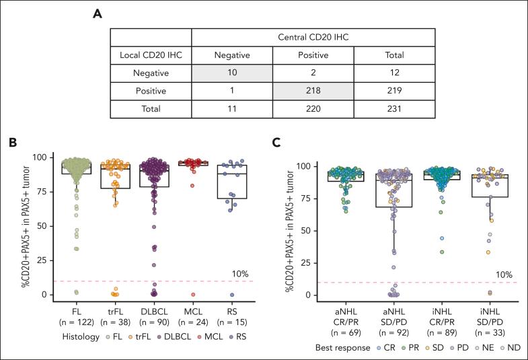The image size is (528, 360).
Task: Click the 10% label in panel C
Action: [x=503, y=275]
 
